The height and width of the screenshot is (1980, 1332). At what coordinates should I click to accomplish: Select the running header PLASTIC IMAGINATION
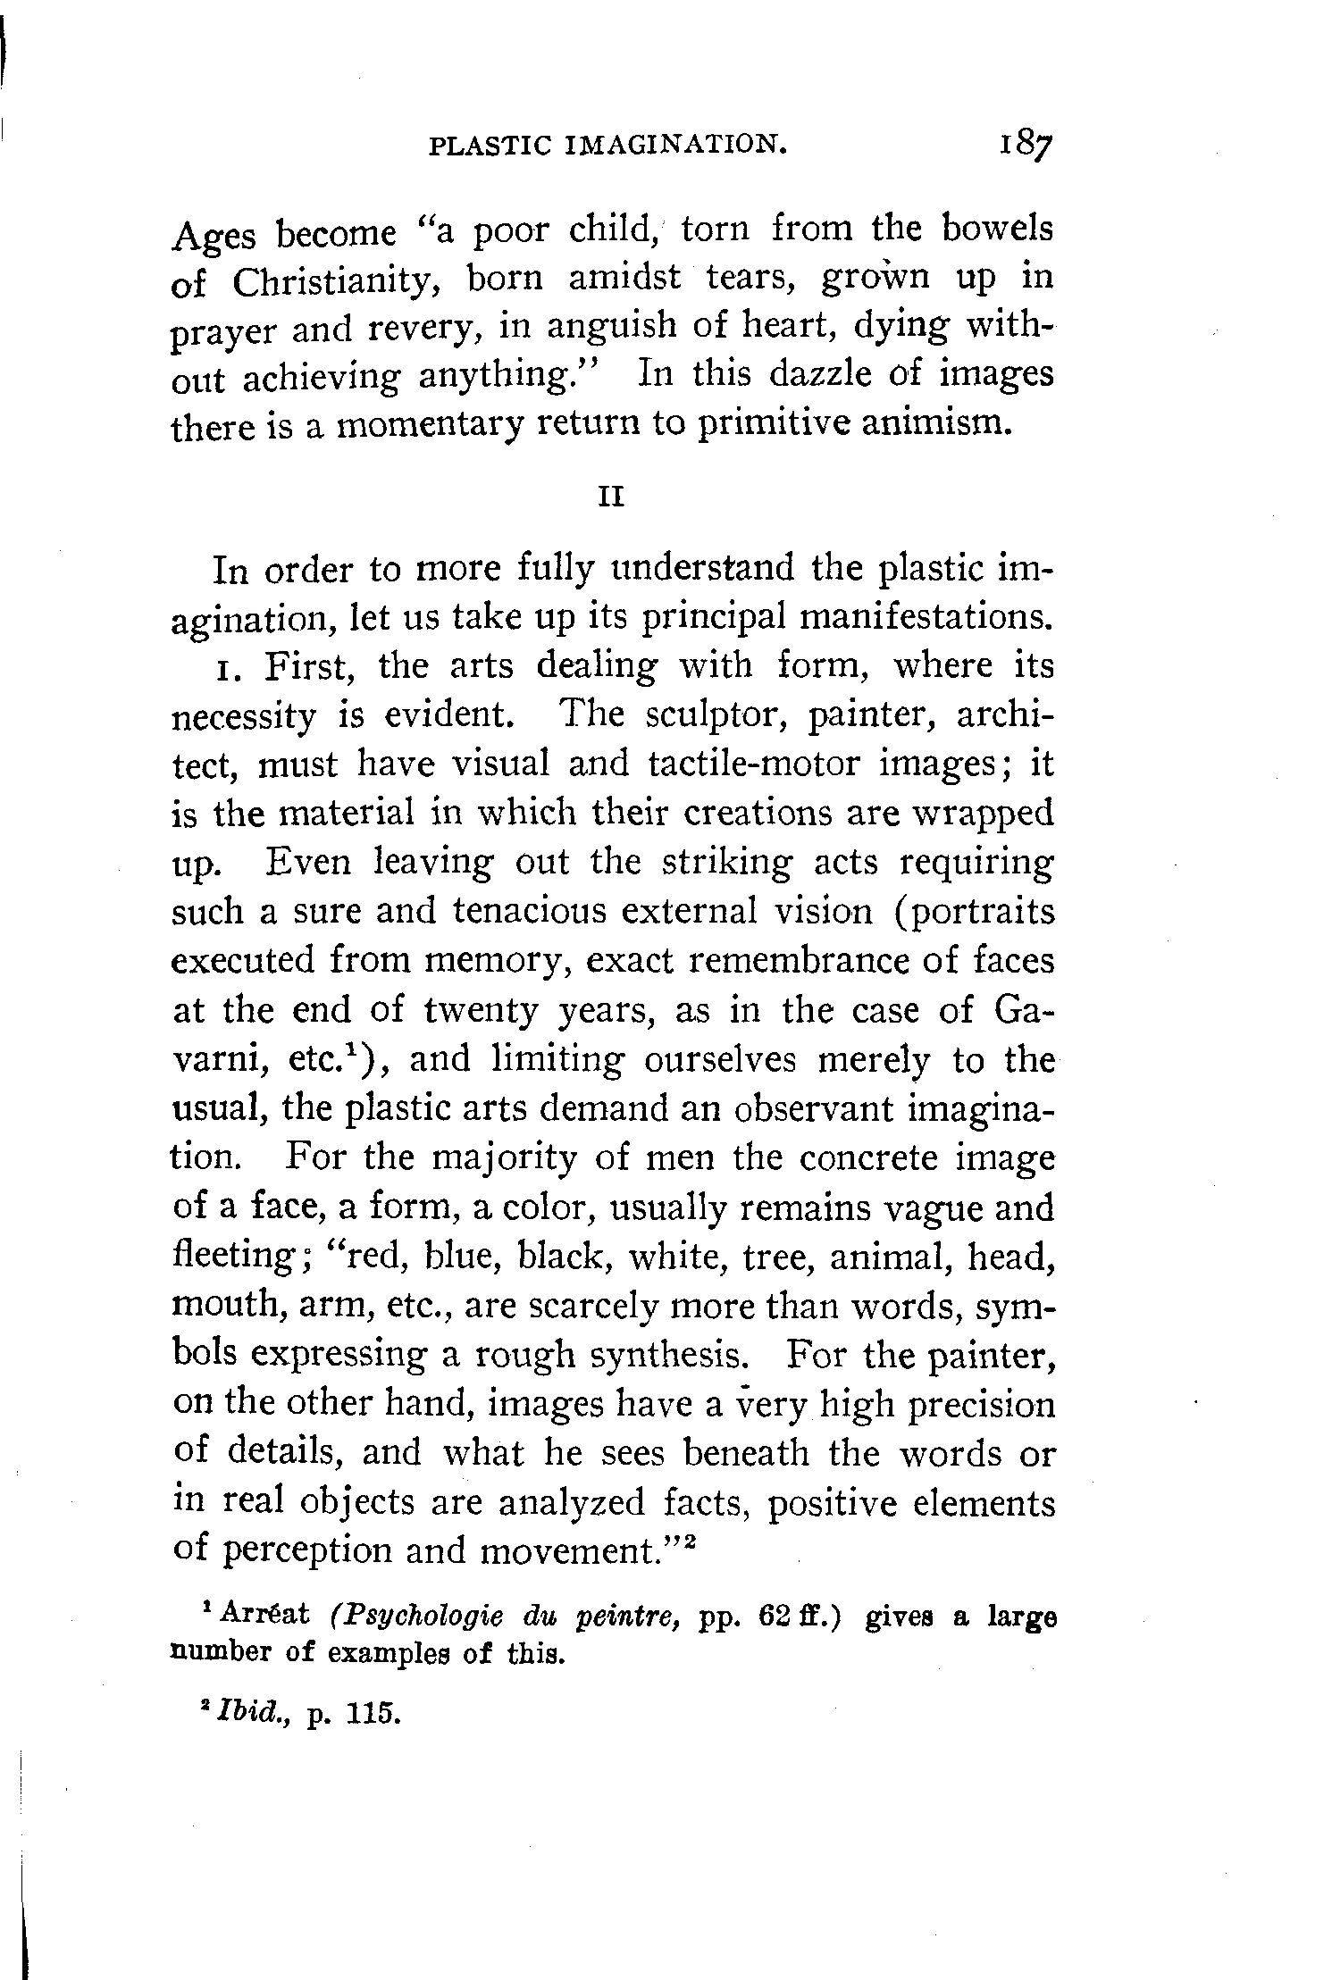608,145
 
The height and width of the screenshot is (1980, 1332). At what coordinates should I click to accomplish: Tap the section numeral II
610,497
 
